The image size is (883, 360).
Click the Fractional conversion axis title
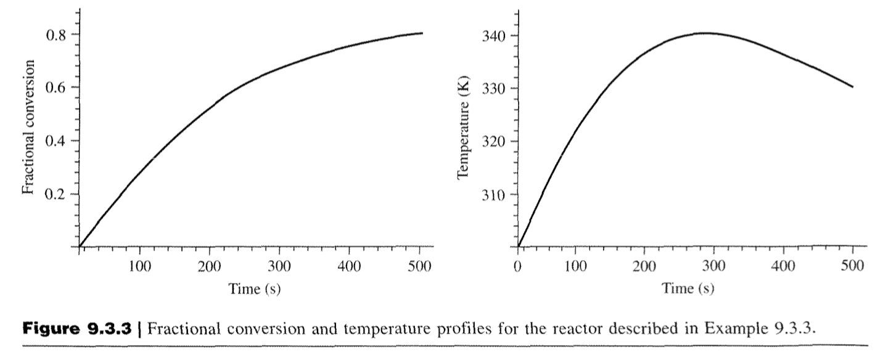pyautogui.click(x=27, y=127)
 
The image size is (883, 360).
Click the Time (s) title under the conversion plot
pyautogui.click(x=255, y=288)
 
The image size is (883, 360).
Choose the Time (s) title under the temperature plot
pyautogui.click(x=688, y=288)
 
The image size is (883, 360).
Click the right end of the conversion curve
pyautogui.click(x=422, y=33)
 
